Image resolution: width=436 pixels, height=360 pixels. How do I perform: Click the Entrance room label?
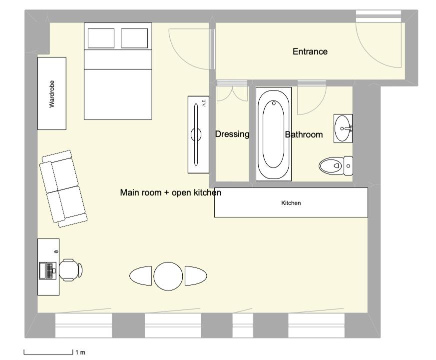coord(310,51)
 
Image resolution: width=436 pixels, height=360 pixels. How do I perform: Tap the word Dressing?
coord(232,134)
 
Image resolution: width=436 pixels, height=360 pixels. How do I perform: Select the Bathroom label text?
coord(304,135)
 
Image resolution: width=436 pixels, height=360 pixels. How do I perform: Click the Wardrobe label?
coord(52,94)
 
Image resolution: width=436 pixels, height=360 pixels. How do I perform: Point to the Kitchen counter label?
coord(291,203)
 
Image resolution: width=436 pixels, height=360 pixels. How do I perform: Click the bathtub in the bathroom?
coord(273,134)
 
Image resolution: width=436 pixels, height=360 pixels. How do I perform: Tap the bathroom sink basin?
coord(343,128)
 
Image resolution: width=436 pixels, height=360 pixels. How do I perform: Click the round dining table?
coord(168,276)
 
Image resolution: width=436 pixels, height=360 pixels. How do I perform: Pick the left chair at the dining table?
coord(141,275)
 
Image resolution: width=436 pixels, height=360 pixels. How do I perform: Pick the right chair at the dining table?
coord(196,275)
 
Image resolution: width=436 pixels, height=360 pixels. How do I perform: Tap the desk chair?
coord(70,270)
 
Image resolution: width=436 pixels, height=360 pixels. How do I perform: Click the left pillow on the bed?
coord(101,38)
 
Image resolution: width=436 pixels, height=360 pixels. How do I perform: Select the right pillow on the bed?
coord(134,38)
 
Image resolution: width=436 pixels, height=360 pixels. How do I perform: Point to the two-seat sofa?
coord(63,189)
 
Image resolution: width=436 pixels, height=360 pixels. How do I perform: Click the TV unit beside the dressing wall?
coord(198,135)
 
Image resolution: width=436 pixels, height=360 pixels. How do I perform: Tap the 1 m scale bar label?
coord(80,352)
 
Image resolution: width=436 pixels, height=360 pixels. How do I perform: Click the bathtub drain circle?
coord(274,103)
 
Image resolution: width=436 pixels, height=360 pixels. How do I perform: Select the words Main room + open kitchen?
coord(170,192)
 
